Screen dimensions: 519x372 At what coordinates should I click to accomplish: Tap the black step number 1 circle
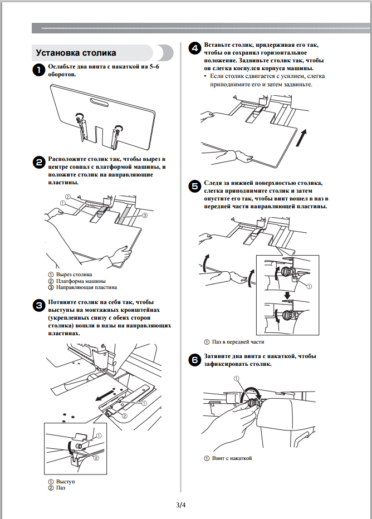(x=38, y=70)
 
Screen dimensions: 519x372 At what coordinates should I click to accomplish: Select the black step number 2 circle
(x=38, y=162)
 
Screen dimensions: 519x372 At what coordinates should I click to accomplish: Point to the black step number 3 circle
(x=38, y=305)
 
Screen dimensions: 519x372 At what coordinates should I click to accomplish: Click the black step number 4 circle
(x=195, y=48)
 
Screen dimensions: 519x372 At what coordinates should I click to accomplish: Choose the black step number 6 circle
(x=195, y=360)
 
